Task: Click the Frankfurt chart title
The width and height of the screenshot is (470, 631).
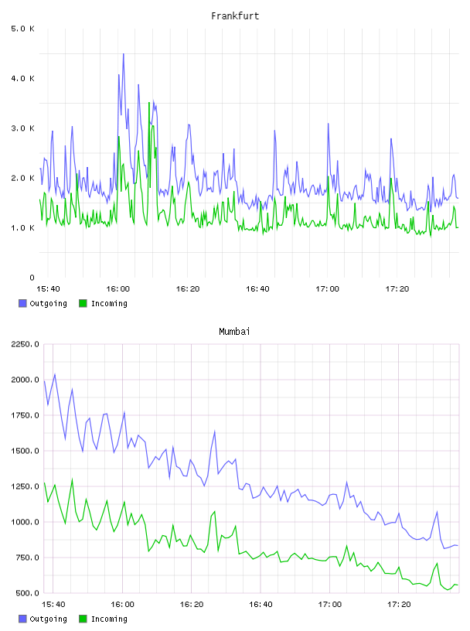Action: pos(235,16)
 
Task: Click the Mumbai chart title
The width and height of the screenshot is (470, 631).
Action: pos(234,332)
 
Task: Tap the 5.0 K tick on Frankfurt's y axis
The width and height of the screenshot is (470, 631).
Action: pos(23,29)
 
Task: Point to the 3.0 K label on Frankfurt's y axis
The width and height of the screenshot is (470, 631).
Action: pos(23,128)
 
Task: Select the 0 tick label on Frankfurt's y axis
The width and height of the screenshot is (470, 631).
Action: pos(32,278)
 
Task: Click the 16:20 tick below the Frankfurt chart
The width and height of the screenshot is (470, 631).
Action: pos(188,289)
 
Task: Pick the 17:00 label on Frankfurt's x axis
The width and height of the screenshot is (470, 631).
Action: pos(327,289)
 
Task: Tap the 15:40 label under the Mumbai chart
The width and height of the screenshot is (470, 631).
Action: pos(53,605)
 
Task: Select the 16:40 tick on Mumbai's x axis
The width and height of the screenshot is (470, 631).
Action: pos(261,605)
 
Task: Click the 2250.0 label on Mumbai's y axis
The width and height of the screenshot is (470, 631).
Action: pos(25,344)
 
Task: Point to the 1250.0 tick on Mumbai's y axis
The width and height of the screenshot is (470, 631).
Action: pos(25,486)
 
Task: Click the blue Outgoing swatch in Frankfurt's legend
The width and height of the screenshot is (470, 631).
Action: pos(22,303)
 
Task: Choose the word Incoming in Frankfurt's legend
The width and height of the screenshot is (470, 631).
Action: pos(109,304)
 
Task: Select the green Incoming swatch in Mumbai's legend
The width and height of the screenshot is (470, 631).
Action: pos(83,619)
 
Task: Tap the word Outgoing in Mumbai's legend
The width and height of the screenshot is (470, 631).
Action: pos(48,619)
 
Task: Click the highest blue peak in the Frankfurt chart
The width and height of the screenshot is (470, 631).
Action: pos(123,54)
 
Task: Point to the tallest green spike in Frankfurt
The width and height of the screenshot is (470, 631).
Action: pos(149,103)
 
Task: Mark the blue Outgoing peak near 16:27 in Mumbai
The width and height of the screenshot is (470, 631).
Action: pos(214,431)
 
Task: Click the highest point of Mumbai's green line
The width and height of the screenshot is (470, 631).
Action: pos(72,479)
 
